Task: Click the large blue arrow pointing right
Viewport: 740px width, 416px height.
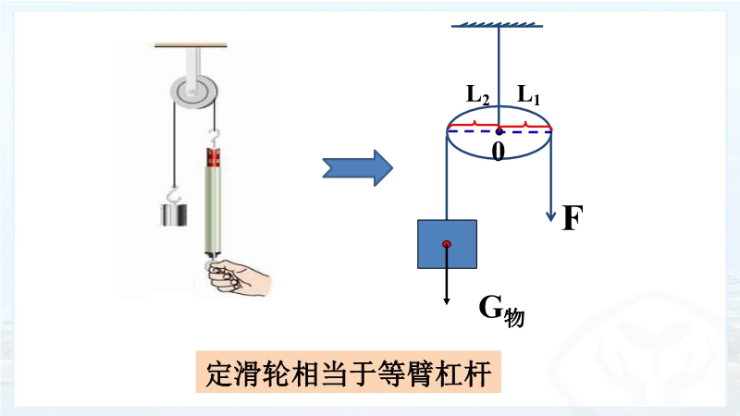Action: coord(356,167)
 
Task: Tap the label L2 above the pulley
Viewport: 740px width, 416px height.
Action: coord(477,94)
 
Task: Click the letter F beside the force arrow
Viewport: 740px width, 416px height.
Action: coord(573,218)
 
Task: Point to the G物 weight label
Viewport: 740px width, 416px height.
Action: coord(500,311)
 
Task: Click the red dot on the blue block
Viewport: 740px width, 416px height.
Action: coord(447,244)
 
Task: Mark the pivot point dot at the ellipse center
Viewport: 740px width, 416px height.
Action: coord(499,130)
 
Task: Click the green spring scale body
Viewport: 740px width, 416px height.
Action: coord(213,208)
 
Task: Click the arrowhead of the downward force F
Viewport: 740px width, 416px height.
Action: coord(551,214)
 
